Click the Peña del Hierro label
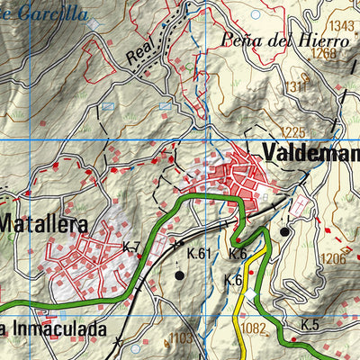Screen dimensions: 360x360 coord(283,40)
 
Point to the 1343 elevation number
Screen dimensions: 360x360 coord(342,25)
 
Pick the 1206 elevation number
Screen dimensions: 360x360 coord(333,258)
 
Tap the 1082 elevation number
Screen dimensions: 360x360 coord(253,328)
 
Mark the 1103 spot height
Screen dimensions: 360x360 coord(181,337)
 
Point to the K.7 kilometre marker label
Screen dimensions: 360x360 coord(131,246)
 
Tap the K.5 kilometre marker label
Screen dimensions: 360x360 coord(310,324)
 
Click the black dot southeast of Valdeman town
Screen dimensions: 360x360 coord(284,231)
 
